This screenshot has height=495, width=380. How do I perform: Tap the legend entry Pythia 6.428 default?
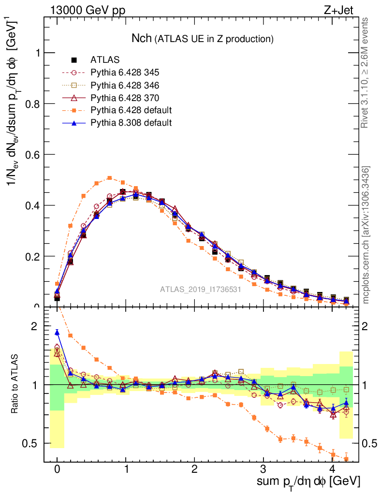pos(131,110)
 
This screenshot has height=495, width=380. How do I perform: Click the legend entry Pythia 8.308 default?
pos(131,123)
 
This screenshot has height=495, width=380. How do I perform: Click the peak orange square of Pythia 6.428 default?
pos(110,178)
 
